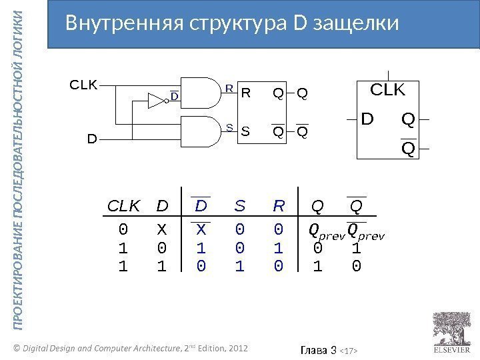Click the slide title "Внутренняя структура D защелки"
click(x=232, y=23)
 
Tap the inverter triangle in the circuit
click(x=155, y=101)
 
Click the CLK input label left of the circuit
click(x=84, y=85)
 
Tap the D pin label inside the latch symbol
click(x=367, y=119)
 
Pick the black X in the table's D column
click(x=160, y=230)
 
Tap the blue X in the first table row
click(x=201, y=230)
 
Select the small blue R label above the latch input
click(x=228, y=87)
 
